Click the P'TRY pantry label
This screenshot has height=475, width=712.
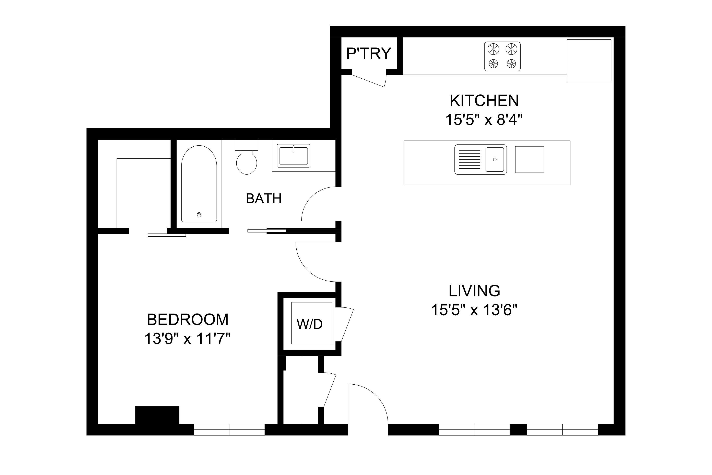tap(369, 54)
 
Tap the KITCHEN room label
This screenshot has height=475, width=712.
tap(484, 101)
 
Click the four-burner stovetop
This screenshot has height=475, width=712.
tap(502, 56)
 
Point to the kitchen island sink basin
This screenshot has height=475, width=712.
tap(495, 159)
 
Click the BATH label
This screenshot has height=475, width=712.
tap(264, 199)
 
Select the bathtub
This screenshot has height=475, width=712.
tap(199, 184)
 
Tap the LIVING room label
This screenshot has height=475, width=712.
tap(474, 291)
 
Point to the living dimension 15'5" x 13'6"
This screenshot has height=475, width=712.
tap(474, 310)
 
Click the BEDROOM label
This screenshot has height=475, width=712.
tap(188, 320)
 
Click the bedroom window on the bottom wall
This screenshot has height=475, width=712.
tap(229, 430)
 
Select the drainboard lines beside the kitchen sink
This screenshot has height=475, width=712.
tap(469, 159)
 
